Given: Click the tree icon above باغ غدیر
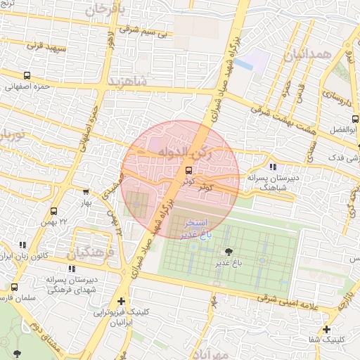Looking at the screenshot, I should [x=229, y=252].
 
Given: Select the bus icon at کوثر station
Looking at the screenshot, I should [x=188, y=170].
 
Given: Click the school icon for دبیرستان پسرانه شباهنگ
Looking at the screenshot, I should [x=273, y=167].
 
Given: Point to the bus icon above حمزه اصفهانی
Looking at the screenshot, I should [x=27, y=76].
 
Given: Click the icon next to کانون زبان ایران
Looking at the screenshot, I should [x=23, y=245].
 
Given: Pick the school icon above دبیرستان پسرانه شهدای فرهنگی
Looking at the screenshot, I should [x=71, y=268].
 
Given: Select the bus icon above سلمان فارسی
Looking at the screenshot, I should [x=15, y=287].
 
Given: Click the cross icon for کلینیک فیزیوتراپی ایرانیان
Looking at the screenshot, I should [x=121, y=301].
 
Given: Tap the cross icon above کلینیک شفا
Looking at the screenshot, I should [x=326, y=329].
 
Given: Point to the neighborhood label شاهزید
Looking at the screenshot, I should [x=128, y=82].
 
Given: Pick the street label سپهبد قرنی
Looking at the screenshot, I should [x=46, y=46].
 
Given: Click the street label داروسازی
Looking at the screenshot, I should [x=339, y=98].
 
